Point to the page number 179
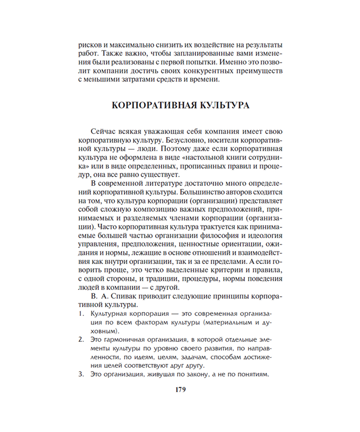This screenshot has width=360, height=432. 180,390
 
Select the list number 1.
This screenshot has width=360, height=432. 80,313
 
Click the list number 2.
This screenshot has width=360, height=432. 80,339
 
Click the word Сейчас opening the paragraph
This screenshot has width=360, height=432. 101,131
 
